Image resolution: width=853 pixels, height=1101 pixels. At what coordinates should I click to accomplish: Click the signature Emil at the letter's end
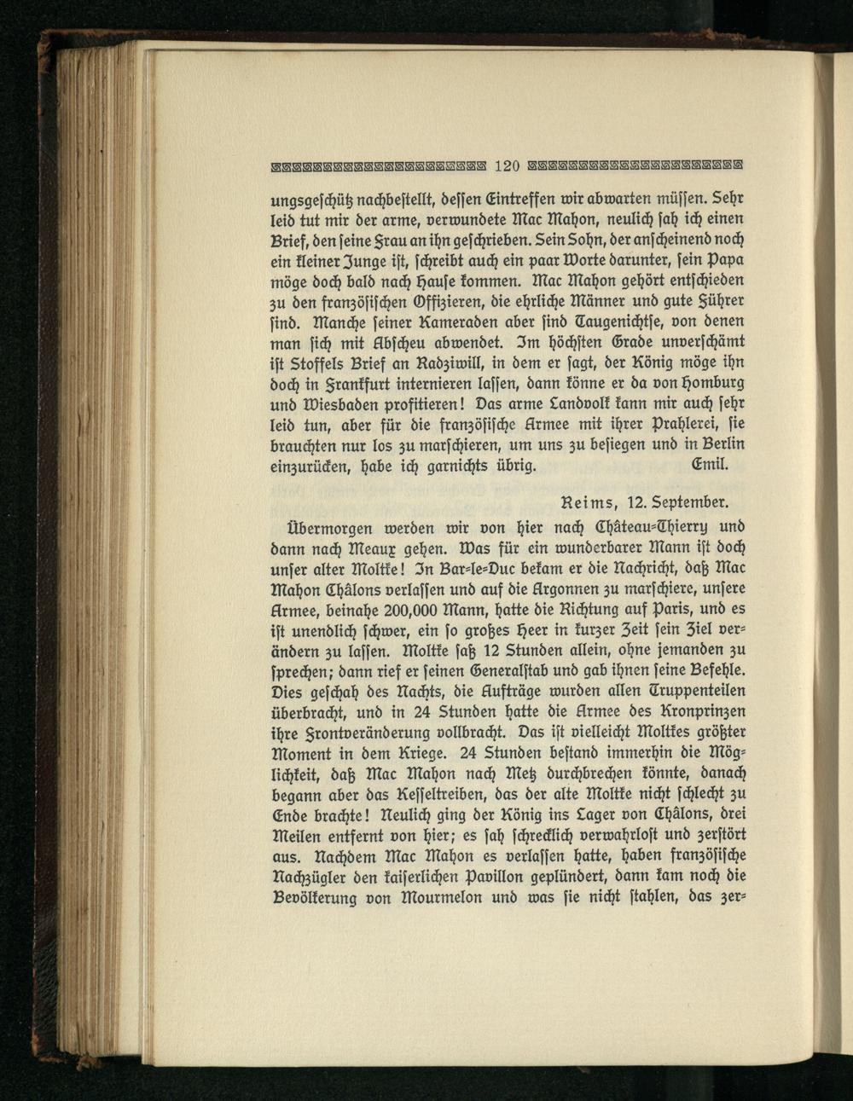pyautogui.click(x=712, y=466)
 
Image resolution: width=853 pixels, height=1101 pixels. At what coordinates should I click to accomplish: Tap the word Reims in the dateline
pyautogui.click(x=586, y=501)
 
